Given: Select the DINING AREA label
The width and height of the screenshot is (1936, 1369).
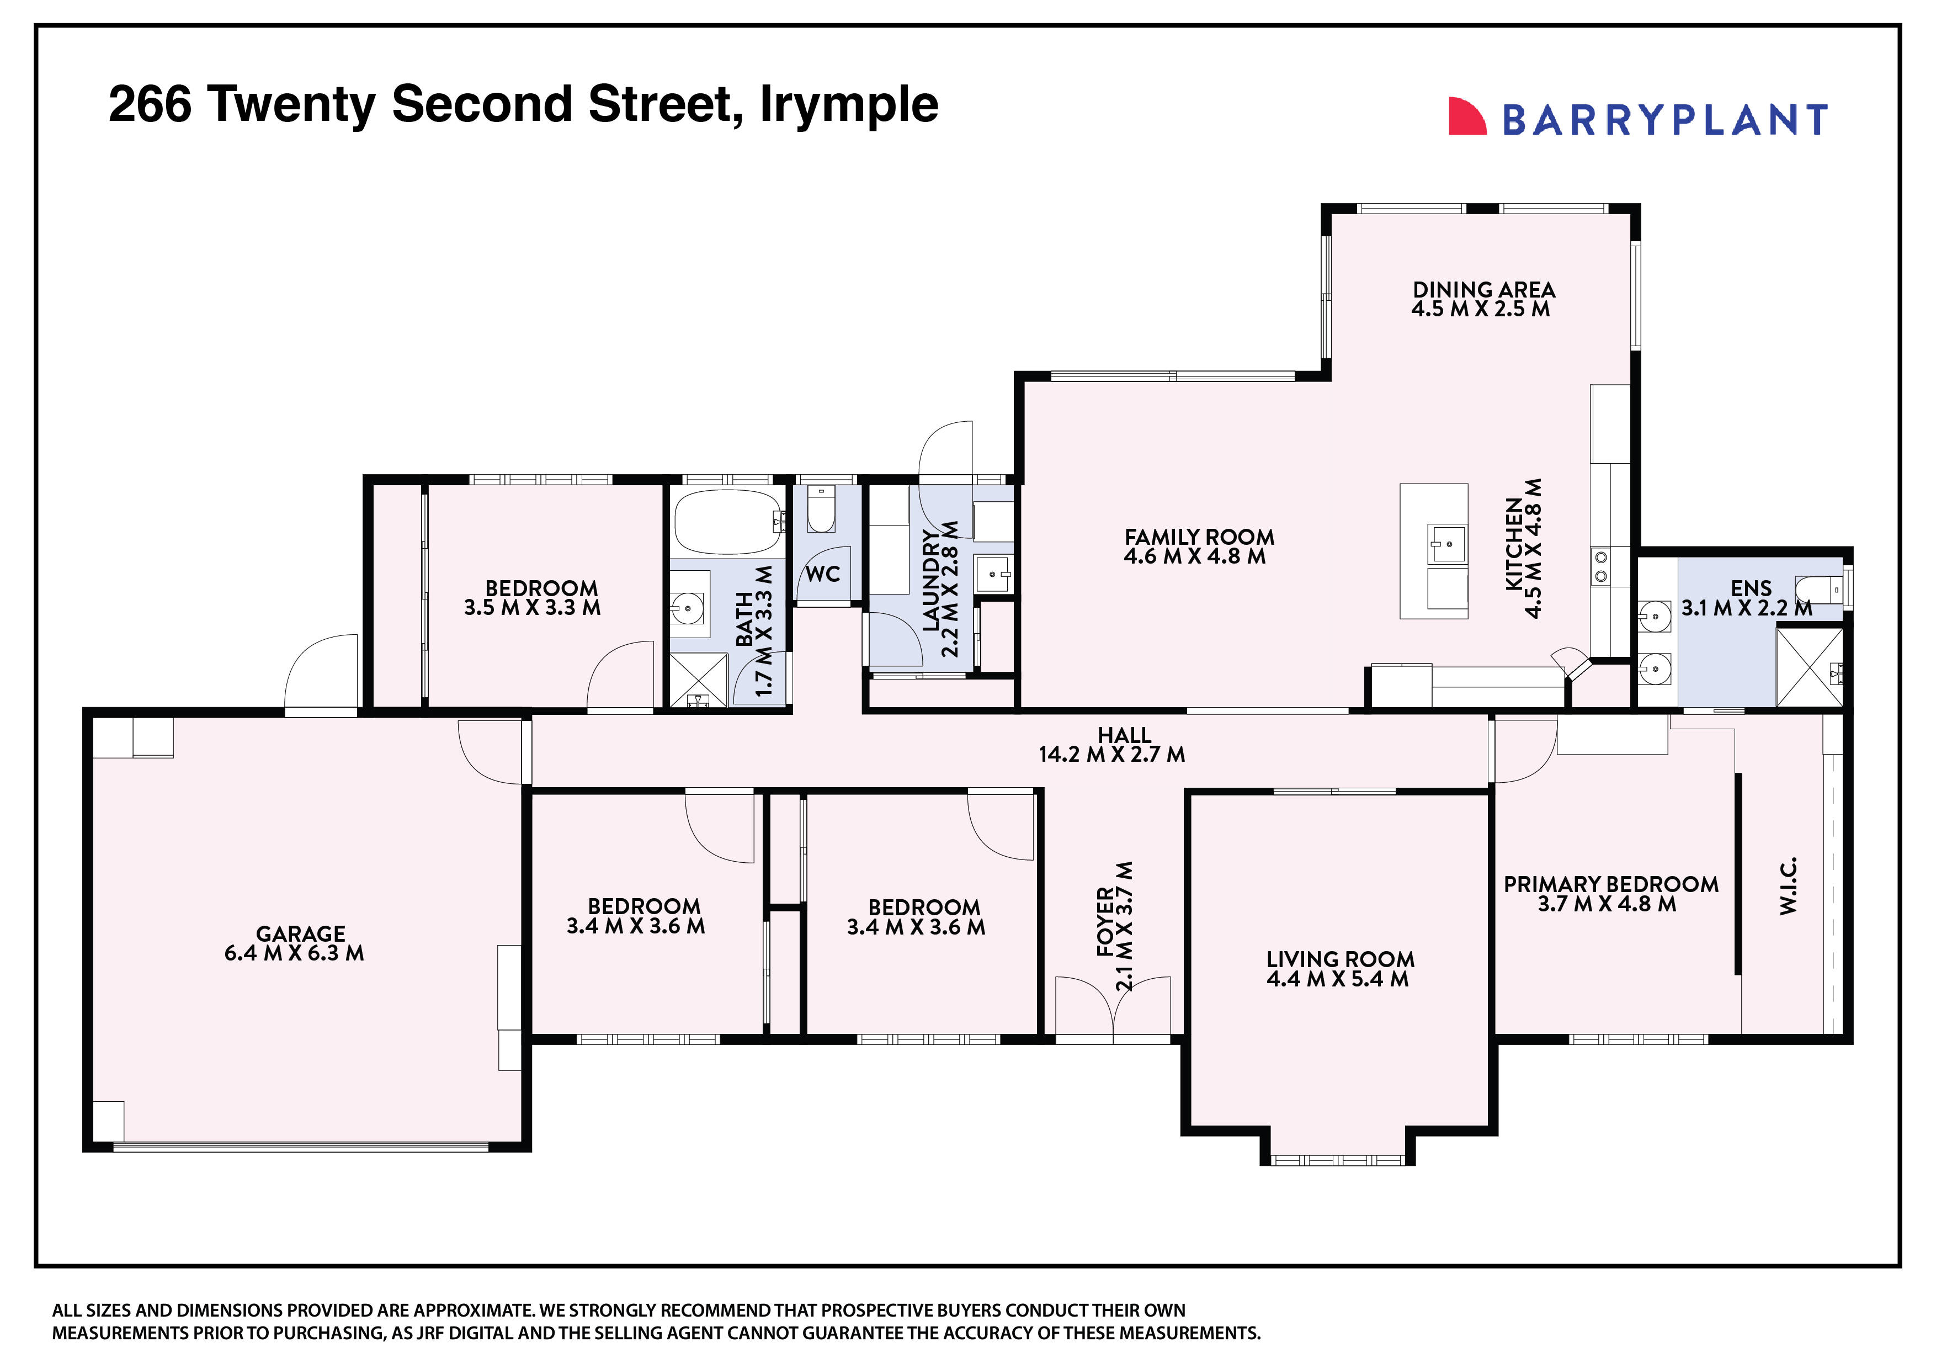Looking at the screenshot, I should pyautogui.click(x=1483, y=289).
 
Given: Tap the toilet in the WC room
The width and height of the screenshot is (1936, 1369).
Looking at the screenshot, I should pyautogui.click(x=821, y=510).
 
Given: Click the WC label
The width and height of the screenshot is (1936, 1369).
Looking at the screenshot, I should pyautogui.click(x=822, y=575).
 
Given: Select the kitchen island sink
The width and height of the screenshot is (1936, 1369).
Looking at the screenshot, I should pyautogui.click(x=1445, y=544).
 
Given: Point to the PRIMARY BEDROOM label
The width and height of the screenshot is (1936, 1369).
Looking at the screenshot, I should pyautogui.click(x=1610, y=884).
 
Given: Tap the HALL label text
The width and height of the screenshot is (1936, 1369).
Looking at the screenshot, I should pyautogui.click(x=1124, y=735).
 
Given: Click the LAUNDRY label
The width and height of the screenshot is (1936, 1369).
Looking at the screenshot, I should pyautogui.click(x=930, y=580).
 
